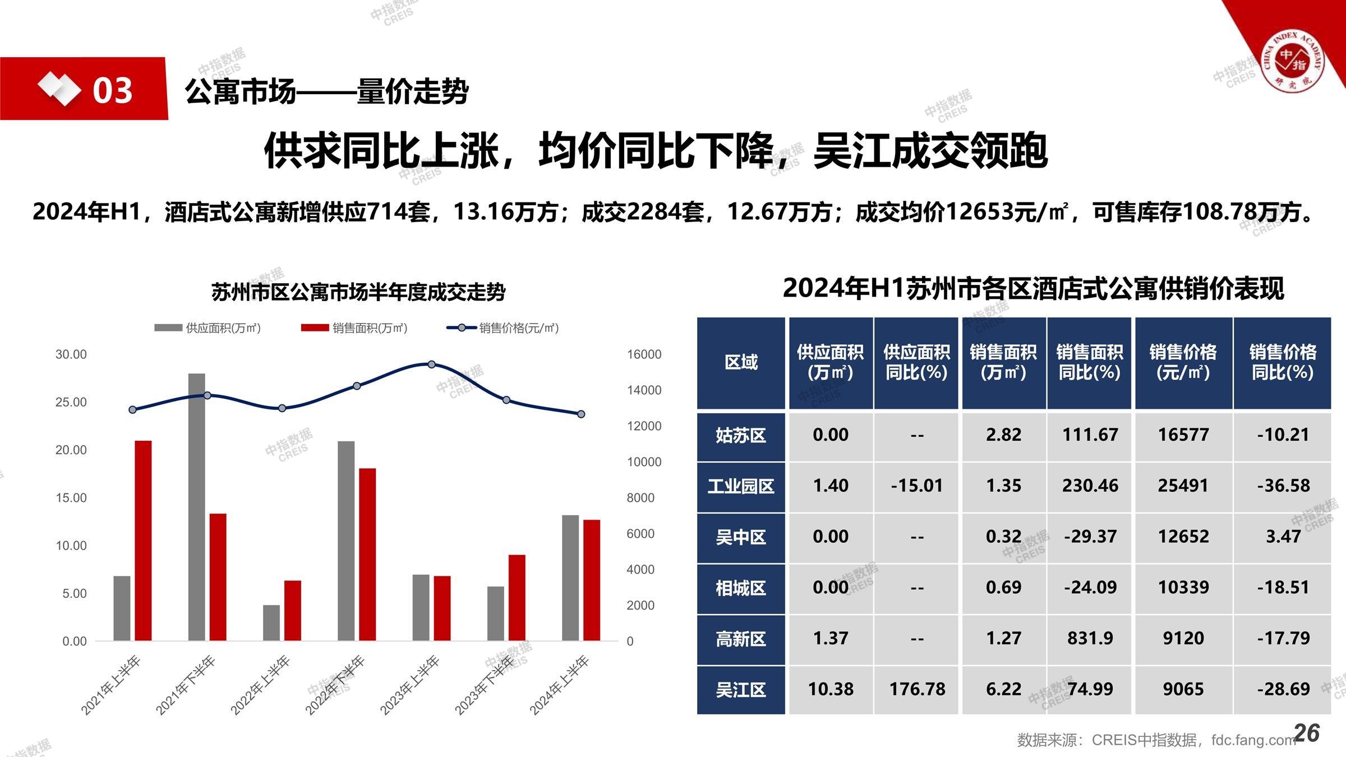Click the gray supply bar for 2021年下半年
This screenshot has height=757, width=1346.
click(x=196, y=507)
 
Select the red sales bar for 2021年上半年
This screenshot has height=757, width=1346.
click(x=143, y=541)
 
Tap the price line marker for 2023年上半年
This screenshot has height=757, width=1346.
click(x=431, y=364)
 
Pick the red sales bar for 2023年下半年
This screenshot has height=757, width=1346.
click(x=517, y=598)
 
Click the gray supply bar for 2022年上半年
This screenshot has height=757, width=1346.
click(x=271, y=622)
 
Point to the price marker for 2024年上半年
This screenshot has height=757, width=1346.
click(x=581, y=414)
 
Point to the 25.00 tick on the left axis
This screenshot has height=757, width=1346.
click(x=71, y=402)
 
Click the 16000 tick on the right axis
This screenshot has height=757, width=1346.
click(x=644, y=354)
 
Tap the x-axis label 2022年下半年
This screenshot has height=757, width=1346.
click(x=335, y=685)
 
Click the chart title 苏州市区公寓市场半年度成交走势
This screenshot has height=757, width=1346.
click(x=358, y=292)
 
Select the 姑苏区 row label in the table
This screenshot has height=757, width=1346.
click(x=740, y=436)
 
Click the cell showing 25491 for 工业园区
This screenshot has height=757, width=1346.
click(x=1183, y=486)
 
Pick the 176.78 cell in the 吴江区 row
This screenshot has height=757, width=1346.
click(x=917, y=689)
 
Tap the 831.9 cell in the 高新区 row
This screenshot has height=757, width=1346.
click(x=1090, y=638)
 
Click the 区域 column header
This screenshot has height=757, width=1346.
click(x=740, y=362)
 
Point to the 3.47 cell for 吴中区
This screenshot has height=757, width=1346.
click(x=1283, y=537)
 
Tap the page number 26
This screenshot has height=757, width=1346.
click(x=1307, y=733)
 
